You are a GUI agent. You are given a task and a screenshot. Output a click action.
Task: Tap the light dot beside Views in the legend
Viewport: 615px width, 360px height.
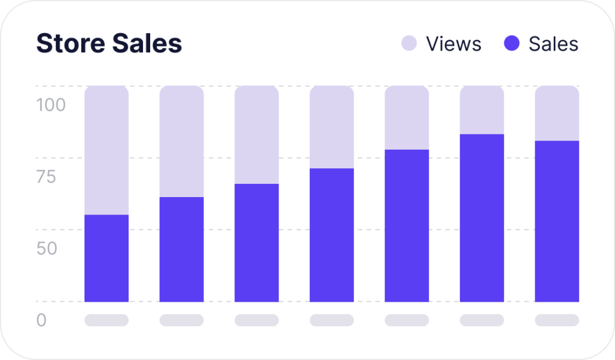(409, 43)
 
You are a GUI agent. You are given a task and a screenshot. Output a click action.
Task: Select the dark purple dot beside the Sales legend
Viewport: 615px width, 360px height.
(512, 43)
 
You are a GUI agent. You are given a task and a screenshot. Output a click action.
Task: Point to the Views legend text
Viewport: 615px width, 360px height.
(453, 44)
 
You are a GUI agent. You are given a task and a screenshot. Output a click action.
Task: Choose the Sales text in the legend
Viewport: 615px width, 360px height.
(553, 44)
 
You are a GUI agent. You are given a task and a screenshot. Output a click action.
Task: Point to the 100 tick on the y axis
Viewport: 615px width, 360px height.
(51, 105)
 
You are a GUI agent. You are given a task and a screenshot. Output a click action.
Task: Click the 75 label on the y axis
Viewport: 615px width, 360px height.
(46, 177)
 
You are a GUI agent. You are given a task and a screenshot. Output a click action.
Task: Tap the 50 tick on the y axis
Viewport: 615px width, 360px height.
(47, 248)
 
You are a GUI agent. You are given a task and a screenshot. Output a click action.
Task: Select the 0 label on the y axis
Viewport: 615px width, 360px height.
(41, 320)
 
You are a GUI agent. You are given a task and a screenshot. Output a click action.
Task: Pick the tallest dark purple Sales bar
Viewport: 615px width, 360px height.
(482, 218)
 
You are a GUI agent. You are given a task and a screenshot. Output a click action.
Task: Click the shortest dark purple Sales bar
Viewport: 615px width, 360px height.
(106, 258)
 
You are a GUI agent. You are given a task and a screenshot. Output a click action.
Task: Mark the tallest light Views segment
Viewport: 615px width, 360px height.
(106, 150)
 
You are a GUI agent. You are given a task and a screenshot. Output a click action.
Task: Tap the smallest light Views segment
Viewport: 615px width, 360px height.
(482, 110)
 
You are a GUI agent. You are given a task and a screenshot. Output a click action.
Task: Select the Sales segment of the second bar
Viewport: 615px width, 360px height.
(181, 249)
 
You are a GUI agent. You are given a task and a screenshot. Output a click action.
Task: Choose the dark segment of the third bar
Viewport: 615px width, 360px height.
(256, 242)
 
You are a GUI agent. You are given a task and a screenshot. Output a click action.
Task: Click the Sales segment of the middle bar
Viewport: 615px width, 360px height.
(332, 234)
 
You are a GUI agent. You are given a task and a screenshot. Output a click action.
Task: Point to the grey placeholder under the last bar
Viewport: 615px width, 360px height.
(557, 320)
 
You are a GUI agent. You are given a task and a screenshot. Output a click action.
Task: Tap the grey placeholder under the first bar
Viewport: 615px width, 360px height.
(106, 320)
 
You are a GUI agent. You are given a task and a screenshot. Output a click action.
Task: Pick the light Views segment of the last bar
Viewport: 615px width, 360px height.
(557, 114)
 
